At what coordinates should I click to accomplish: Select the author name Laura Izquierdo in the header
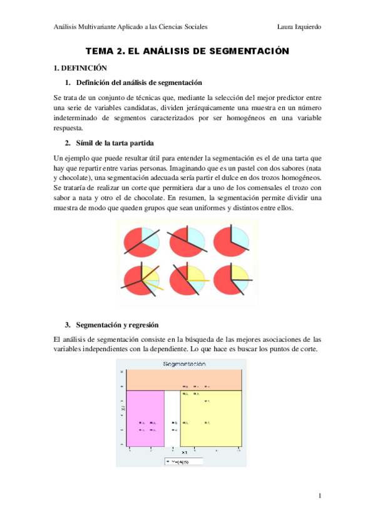click(x=303, y=27)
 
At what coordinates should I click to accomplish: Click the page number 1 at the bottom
click(x=320, y=496)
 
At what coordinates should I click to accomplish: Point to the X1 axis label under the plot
click(x=184, y=452)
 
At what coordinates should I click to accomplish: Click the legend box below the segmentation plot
click(x=184, y=462)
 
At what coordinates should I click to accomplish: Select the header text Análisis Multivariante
click(x=91, y=27)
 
